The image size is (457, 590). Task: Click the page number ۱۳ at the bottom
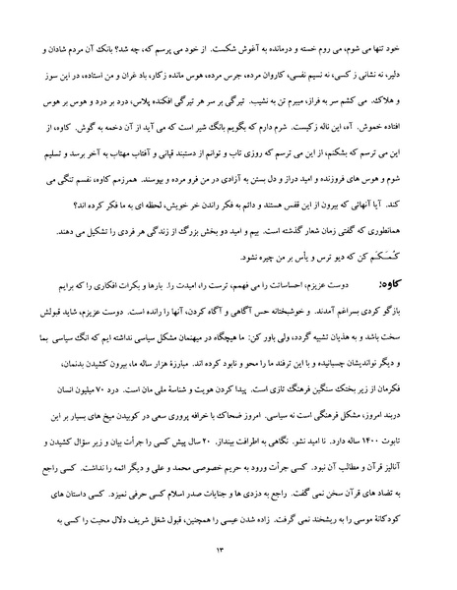(x=228, y=553)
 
